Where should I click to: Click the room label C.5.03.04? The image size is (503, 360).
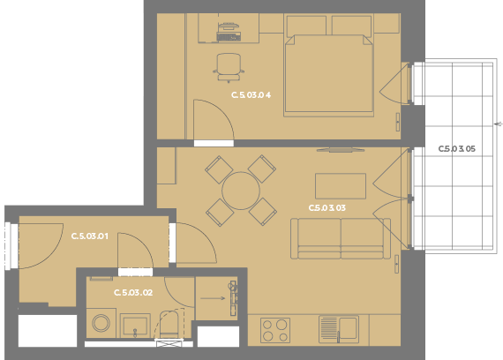pyautogui.click(x=251, y=95)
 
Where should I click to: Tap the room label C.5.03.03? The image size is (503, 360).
pyautogui.click(x=327, y=208)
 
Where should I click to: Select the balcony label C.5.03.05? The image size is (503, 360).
pyautogui.click(x=456, y=149)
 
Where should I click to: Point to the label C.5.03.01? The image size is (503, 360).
pyautogui.click(x=89, y=236)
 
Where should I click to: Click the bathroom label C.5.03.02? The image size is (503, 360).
pyautogui.click(x=133, y=293)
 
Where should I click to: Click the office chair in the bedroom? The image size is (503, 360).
pyautogui.click(x=229, y=67)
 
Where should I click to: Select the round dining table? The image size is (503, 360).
pyautogui.click(x=241, y=191)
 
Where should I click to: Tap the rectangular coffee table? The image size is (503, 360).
pyautogui.click(x=341, y=186)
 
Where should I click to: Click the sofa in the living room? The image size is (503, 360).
pyautogui.click(x=341, y=238)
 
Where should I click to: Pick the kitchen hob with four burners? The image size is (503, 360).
pyautogui.click(x=275, y=331)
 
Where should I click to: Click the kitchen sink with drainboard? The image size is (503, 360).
pyautogui.click(x=339, y=329)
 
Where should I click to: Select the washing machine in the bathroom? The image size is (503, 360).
pyautogui.click(x=101, y=323)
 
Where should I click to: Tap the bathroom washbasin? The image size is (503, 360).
pyautogui.click(x=135, y=326)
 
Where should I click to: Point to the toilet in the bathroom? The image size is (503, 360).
pyautogui.click(x=169, y=324)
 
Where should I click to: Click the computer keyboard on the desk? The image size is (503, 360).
pyautogui.click(x=229, y=37)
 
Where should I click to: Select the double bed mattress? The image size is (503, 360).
pyautogui.click(x=329, y=75)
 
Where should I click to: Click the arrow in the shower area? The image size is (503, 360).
pyautogui.click(x=213, y=298)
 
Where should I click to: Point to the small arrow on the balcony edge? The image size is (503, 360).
pyautogui.click(x=499, y=124)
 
